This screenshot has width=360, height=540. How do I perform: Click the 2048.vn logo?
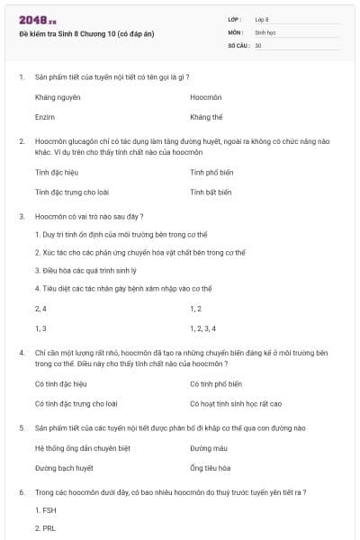click(x=37, y=19)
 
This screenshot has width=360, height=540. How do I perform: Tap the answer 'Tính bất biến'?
click(x=211, y=192)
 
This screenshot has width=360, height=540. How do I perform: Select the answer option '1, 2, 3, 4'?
click(x=203, y=328)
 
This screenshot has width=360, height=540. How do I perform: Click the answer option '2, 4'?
click(x=40, y=309)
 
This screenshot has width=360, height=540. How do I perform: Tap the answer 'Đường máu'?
click(x=208, y=448)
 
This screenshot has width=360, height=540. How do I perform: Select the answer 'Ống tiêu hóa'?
click(x=211, y=468)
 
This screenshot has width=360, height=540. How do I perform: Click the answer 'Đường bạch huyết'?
click(x=64, y=468)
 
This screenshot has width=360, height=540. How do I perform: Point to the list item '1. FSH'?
click(x=45, y=510)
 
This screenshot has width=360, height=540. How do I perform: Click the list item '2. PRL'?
click(x=45, y=528)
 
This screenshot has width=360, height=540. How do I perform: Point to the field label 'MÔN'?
click(x=237, y=31)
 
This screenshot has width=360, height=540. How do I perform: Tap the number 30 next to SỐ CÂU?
click(x=258, y=45)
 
